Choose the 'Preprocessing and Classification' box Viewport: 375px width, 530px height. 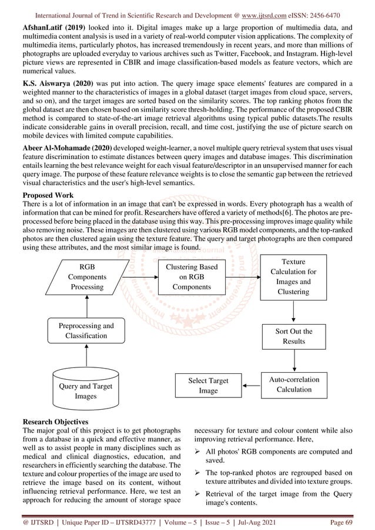(x=86, y=330)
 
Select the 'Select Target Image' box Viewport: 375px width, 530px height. (x=208, y=386)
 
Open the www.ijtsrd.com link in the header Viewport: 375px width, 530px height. (x=273, y=14)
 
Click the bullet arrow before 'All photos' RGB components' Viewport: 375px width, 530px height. (x=199, y=451)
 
